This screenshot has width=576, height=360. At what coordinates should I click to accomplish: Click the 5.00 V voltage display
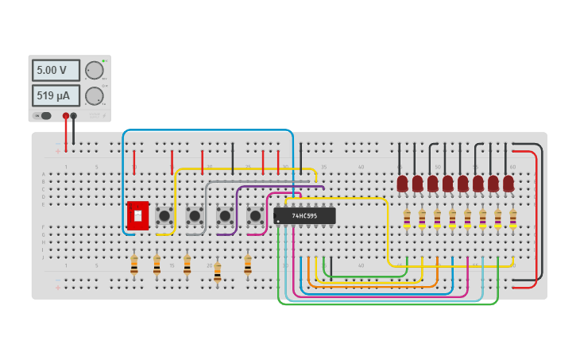(56, 70)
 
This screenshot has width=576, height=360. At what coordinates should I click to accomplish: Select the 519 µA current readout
(56, 96)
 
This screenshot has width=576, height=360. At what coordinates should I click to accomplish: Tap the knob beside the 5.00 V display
(95, 70)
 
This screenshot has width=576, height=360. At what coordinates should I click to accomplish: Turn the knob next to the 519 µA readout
(95, 96)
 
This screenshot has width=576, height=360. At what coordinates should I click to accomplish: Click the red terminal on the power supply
(66, 116)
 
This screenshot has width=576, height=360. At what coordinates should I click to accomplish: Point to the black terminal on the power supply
(74, 116)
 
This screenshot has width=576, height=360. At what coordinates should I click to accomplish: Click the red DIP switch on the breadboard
(137, 215)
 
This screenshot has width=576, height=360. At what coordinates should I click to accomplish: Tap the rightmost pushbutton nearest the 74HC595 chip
(255, 215)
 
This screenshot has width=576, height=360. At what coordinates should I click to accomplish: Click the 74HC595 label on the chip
(304, 215)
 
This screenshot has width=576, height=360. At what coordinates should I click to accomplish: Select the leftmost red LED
(402, 184)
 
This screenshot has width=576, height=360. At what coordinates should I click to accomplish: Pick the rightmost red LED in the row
(508, 184)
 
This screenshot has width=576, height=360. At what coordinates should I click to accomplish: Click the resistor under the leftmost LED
(407, 219)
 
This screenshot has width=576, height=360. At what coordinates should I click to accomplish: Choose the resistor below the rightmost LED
(513, 219)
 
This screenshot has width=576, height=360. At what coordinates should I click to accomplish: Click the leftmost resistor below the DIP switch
(133, 265)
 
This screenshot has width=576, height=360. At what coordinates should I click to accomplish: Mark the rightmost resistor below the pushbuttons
(248, 265)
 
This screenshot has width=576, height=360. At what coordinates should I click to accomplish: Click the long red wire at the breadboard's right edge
(536, 215)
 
